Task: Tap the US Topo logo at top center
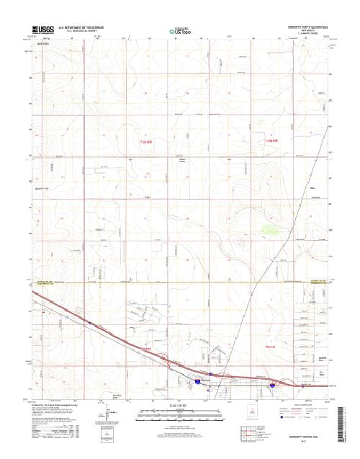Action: pyautogui.click(x=180, y=32)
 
